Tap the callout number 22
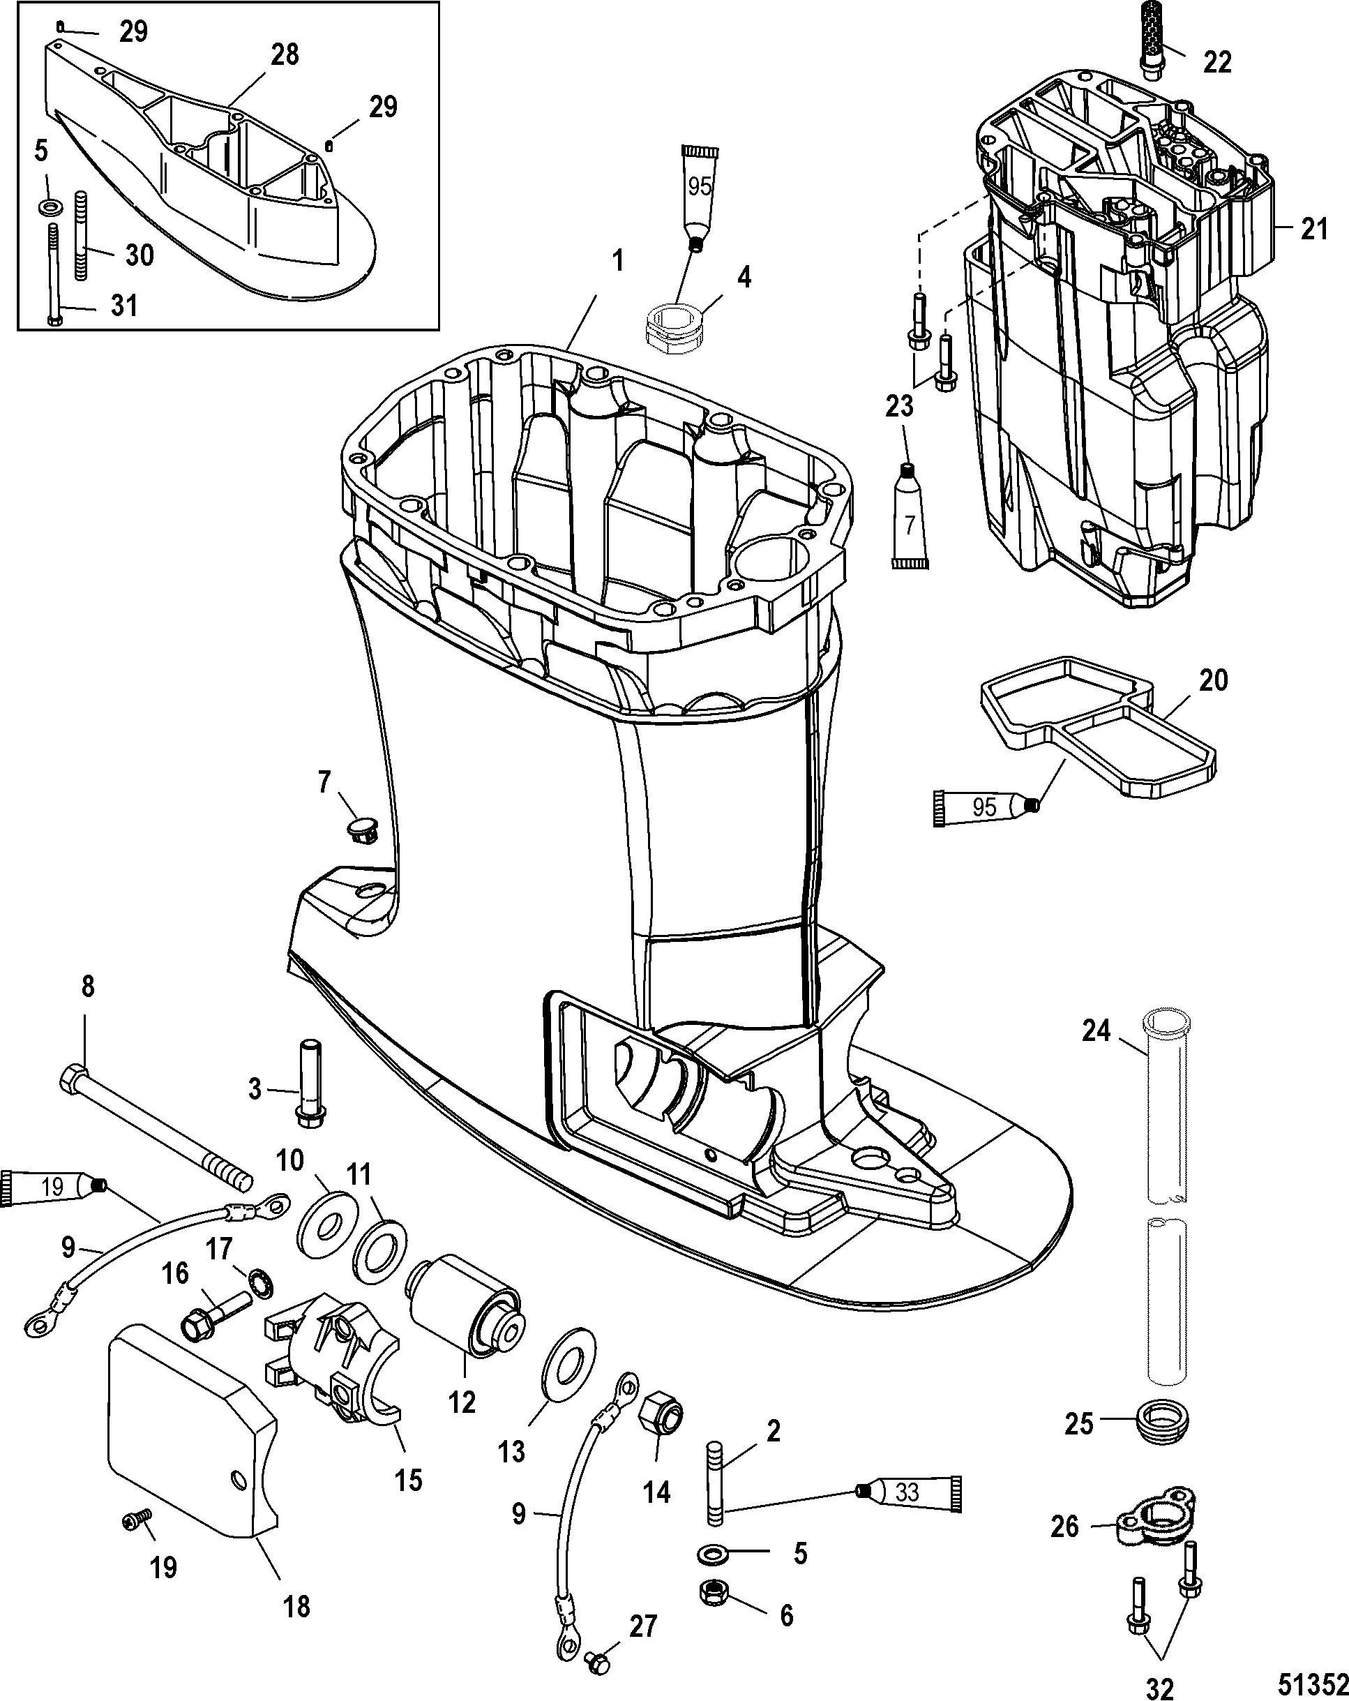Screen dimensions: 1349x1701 1216,61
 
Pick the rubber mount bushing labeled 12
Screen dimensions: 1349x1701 465,1305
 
